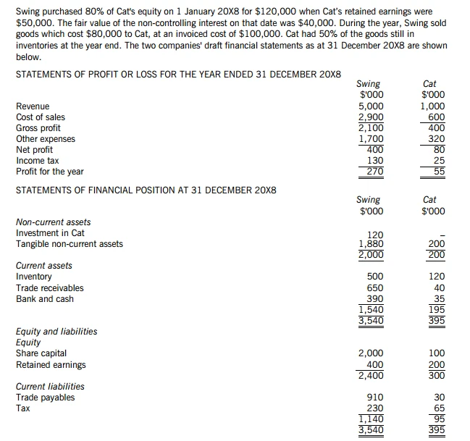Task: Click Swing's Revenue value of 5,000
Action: coord(372,106)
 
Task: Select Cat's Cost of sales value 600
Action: coord(437,117)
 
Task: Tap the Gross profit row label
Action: coord(38,128)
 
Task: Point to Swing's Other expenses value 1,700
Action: coord(372,139)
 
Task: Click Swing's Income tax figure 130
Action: coord(375,161)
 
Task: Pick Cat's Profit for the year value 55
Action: coord(439,172)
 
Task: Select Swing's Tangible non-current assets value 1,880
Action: coord(372,244)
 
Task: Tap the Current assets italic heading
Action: coord(44,266)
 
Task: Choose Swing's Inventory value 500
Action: coord(375,277)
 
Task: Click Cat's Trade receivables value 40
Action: coord(439,287)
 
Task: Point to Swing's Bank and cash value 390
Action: coord(375,298)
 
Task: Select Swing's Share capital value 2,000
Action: coord(372,353)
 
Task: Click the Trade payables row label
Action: coord(45,397)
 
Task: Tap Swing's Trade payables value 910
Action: coord(375,397)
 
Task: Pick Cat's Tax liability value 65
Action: coord(439,408)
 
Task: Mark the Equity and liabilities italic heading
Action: coord(56,332)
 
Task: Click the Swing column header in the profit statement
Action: coord(369,84)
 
